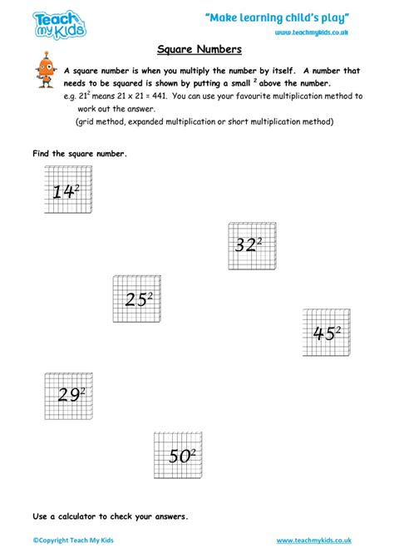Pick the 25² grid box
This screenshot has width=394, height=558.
138,299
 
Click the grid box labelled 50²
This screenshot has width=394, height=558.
180,454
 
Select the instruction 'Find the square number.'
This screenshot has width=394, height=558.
80,155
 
